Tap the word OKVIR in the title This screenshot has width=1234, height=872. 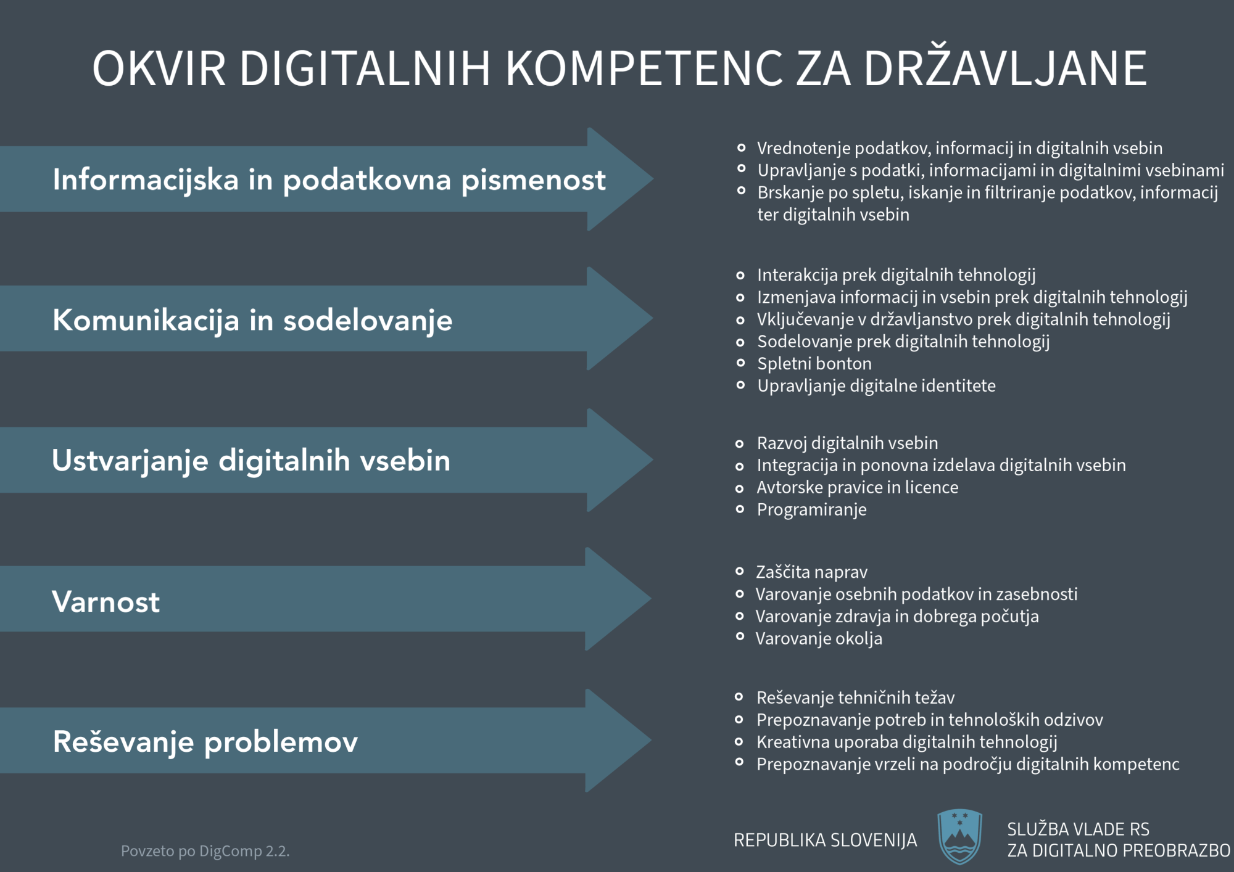159,68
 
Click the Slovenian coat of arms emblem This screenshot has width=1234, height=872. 959,836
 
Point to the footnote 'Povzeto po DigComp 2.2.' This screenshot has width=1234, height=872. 205,851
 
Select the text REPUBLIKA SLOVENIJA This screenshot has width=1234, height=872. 825,840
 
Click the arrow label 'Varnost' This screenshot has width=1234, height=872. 106,601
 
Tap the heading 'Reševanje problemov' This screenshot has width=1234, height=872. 205,742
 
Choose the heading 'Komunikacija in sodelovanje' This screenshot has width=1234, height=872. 252,321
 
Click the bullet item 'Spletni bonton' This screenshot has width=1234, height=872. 814,364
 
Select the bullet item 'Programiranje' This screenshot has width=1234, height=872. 811,510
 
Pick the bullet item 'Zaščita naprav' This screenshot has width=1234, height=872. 811,572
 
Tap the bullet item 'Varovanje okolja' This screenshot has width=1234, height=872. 819,639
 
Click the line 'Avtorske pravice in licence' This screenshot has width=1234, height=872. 858,488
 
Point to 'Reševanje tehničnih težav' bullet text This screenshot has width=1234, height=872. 855,697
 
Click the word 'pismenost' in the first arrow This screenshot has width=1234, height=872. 534,180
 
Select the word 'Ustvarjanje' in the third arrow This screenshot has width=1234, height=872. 130,461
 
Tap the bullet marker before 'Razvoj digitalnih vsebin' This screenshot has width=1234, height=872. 740,444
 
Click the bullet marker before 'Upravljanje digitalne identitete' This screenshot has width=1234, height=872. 740,385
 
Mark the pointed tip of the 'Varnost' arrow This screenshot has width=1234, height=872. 651,598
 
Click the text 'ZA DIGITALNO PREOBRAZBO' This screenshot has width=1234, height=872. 1119,851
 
